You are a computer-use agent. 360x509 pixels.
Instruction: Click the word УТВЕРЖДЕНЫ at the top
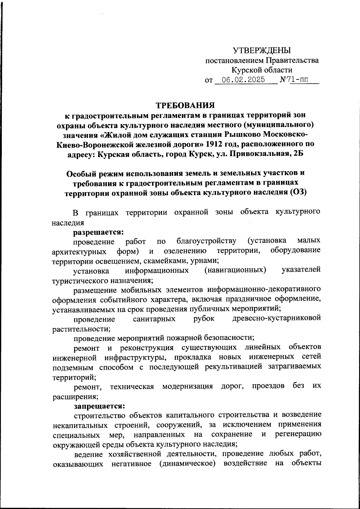coord(262,50)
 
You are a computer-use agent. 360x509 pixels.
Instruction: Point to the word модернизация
coord(187,386)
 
